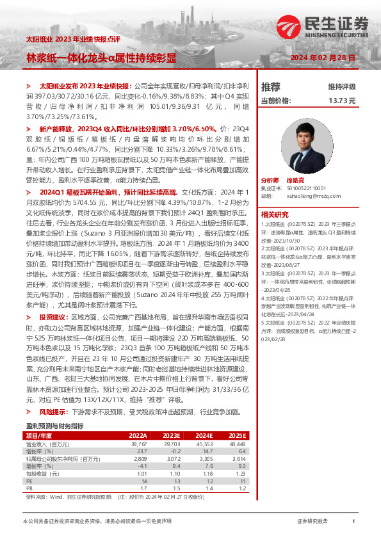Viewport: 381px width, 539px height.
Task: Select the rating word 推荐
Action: click(271, 86)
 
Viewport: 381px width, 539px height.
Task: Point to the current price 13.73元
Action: click(341, 101)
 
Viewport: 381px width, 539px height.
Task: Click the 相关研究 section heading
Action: click(275, 214)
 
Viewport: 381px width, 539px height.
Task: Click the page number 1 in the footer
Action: click(353, 522)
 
